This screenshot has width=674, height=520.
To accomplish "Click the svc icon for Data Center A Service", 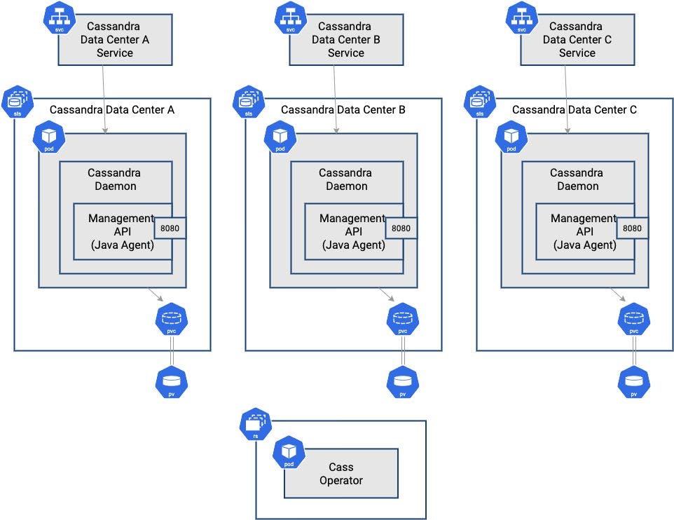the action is pos(60,18).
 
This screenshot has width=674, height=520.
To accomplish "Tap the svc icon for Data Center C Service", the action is pos(522,18).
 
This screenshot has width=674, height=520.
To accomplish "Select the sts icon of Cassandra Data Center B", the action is pos(249,102).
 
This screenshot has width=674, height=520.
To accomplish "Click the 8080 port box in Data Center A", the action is pos(170,228).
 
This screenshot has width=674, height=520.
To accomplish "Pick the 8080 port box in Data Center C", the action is pos(632,228).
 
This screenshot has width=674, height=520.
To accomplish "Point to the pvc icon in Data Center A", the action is pos(172,320).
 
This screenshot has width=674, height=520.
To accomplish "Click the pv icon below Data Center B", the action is pos(403,383).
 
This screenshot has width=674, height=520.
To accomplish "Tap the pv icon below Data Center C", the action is pos(634,383).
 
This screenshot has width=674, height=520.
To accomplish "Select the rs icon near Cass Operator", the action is pos(255,424).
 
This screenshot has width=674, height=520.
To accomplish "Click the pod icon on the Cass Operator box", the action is pos(289,452).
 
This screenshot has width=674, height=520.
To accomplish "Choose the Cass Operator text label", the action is pos(341,474).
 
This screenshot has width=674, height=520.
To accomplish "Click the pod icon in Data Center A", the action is pos(49,137).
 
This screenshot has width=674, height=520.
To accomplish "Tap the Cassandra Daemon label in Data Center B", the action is pos(345,179).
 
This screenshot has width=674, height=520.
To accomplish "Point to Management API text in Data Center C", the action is pos(584,224).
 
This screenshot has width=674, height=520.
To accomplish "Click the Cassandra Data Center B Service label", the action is pos(345,39).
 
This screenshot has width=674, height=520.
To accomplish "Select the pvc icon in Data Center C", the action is pos(634,320).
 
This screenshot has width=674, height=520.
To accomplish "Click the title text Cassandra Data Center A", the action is pos(112,110).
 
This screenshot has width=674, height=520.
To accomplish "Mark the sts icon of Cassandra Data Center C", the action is pos(480,102).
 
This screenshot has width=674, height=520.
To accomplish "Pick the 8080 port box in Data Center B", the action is pos(401,228).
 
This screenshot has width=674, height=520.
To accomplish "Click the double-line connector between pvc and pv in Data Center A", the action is pos(172,351).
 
